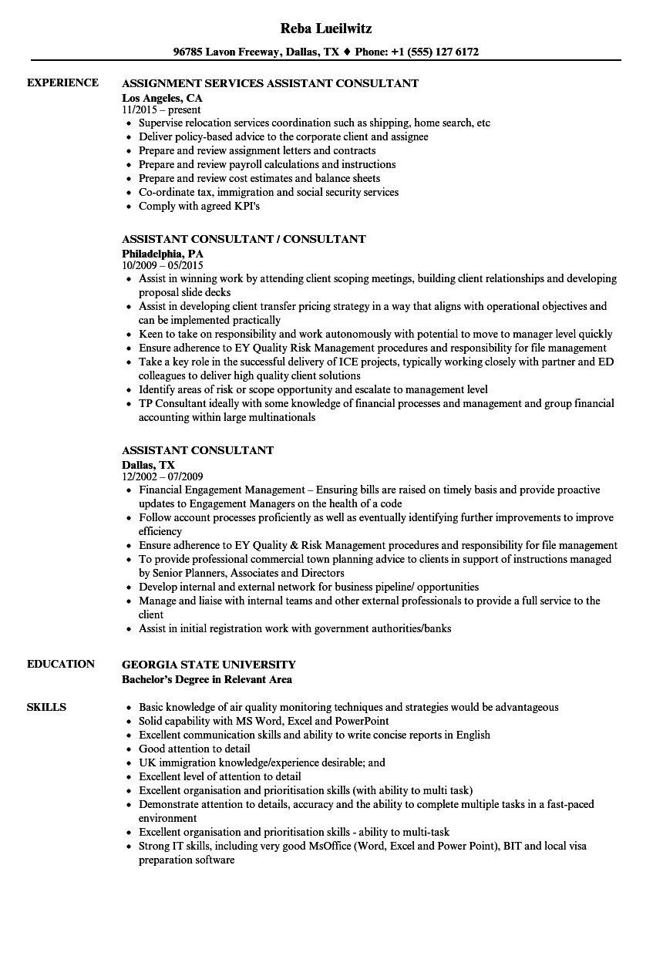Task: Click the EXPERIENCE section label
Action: (x=62, y=82)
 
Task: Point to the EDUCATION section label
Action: (x=61, y=664)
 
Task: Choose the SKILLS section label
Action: (x=46, y=707)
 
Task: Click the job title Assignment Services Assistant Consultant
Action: (x=270, y=82)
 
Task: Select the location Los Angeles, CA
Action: (x=162, y=98)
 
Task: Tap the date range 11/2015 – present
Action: (x=161, y=110)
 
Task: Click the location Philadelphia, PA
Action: (x=163, y=253)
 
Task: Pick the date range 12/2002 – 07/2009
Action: (x=162, y=476)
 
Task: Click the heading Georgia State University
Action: (x=208, y=664)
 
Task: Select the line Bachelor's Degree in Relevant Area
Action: (x=207, y=679)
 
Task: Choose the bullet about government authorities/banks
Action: (x=294, y=628)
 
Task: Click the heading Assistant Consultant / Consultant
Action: (x=244, y=239)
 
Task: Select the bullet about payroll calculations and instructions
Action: (x=267, y=164)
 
